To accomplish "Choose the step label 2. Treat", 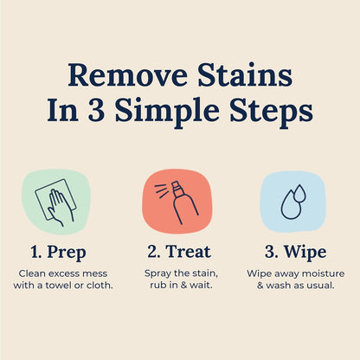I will (x=179, y=253).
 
